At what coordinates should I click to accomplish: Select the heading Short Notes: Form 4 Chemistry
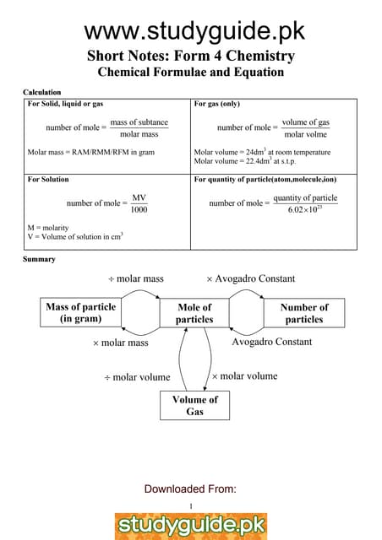pyautogui.click(x=191, y=57)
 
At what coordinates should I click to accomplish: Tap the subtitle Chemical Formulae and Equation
pyautogui.click(x=191, y=73)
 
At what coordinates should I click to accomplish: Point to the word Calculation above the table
pyautogui.click(x=41, y=91)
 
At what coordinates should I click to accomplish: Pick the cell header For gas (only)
pyautogui.click(x=220, y=104)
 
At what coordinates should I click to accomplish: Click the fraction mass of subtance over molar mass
pyautogui.click(x=139, y=128)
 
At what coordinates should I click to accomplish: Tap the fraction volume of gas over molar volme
pyautogui.click(x=305, y=128)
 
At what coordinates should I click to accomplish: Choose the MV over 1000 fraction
pyautogui.click(x=139, y=203)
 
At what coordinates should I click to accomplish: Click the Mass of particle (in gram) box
pyautogui.click(x=80, y=313)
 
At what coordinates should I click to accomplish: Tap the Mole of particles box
pyautogui.click(x=194, y=313)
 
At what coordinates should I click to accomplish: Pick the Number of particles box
pyautogui.click(x=304, y=313)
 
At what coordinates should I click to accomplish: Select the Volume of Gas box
pyautogui.click(x=194, y=405)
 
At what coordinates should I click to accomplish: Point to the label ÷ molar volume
pyautogui.click(x=137, y=377)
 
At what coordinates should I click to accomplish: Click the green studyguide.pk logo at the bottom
pyautogui.click(x=191, y=525)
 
